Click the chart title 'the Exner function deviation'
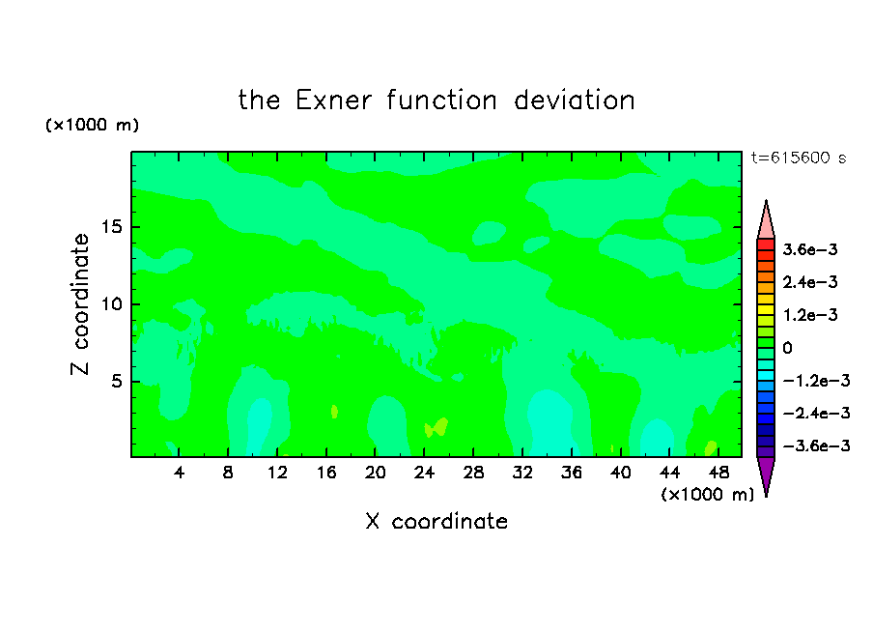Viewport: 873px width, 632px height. (x=436, y=101)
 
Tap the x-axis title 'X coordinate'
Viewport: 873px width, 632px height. (x=436, y=521)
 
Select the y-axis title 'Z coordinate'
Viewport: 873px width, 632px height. (x=79, y=304)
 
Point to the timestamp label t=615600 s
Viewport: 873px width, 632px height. (x=799, y=158)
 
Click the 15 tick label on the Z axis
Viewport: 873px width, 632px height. (x=111, y=227)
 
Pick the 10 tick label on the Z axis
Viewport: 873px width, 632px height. (x=111, y=304)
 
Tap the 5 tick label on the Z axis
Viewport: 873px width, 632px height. (x=116, y=381)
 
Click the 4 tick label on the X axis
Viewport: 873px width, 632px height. (x=179, y=473)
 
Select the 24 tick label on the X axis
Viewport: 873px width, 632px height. (x=424, y=473)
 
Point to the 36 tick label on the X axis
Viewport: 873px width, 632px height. (x=572, y=473)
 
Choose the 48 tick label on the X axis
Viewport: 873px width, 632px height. (x=718, y=473)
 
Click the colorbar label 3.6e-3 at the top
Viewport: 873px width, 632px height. (x=810, y=249)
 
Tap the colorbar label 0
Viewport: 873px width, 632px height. (x=787, y=348)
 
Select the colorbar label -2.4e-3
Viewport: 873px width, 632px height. (x=816, y=413)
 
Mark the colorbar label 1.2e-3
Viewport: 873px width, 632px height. (x=810, y=315)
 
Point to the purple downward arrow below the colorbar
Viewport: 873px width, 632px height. (x=766, y=474)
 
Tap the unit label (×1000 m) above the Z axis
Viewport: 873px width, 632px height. (x=92, y=125)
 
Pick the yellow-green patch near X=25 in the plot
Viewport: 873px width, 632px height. (x=437, y=428)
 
